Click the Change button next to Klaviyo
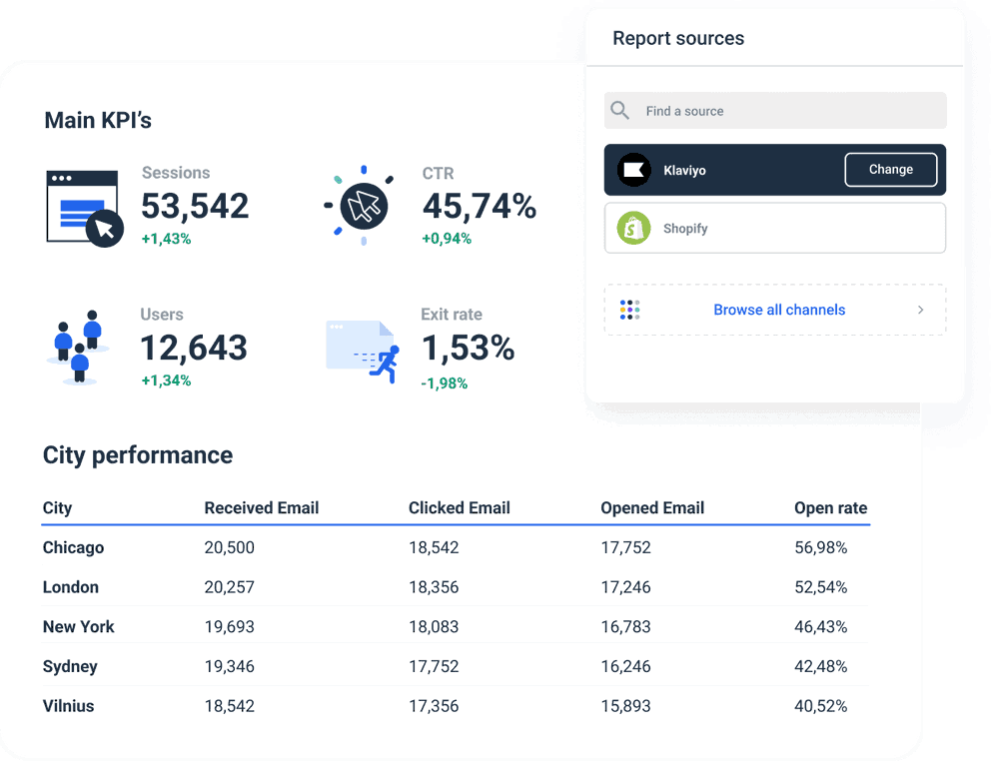tap(890, 170)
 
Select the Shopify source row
tap(774, 229)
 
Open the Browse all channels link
tap(778, 310)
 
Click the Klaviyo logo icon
tap(633, 170)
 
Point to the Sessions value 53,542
tap(195, 206)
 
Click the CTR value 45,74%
tap(479, 206)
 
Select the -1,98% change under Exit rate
tap(444, 382)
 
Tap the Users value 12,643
tap(194, 348)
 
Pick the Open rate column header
tap(830, 507)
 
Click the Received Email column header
tap(261, 507)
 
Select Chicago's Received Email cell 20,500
tap(229, 547)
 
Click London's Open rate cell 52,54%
tap(820, 587)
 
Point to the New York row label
tap(78, 626)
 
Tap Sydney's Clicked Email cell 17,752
tap(434, 666)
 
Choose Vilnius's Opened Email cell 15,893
tap(625, 706)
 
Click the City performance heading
tap(137, 454)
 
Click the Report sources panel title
tap(677, 38)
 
